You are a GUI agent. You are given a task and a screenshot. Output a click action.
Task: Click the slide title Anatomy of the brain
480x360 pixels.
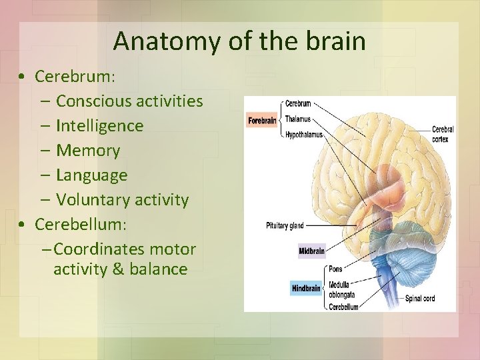click(x=239, y=41)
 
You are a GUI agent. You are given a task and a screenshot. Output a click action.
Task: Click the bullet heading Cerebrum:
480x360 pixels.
click(x=75, y=77)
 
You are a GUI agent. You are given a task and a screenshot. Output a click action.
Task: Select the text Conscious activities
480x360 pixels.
click(x=129, y=101)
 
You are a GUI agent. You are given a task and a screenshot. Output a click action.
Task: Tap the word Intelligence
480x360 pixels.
click(x=99, y=126)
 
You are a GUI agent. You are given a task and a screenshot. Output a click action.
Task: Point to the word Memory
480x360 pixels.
click(x=88, y=151)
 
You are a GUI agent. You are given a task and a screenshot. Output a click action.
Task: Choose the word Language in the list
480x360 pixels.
click(x=91, y=175)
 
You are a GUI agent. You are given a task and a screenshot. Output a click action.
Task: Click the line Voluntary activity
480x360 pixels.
click(x=122, y=200)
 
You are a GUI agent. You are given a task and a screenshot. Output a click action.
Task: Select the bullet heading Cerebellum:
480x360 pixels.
click(x=80, y=224)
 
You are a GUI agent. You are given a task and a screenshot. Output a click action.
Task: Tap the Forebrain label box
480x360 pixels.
click(x=262, y=121)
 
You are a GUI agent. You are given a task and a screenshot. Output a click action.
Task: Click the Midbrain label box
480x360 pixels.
click(x=311, y=251)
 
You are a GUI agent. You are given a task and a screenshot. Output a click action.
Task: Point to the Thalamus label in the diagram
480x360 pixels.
click(x=297, y=119)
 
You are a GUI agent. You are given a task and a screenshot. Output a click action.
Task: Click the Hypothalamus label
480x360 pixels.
click(x=303, y=134)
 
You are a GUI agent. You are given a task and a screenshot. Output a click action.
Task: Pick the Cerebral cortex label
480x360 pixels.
click(x=443, y=134)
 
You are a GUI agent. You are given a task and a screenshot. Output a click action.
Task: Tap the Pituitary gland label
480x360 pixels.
click(x=285, y=225)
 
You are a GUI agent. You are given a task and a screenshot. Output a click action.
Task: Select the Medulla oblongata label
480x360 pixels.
click(x=342, y=289)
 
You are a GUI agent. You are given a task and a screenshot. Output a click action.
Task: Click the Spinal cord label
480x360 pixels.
click(x=420, y=298)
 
